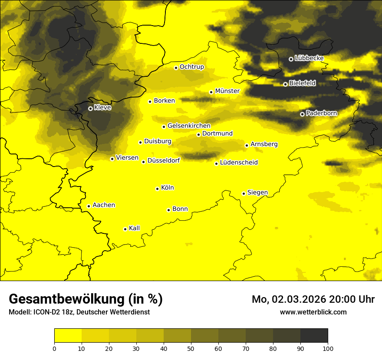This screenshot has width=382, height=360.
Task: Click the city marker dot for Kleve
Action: [90, 108]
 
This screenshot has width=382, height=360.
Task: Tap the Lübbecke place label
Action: [309, 58]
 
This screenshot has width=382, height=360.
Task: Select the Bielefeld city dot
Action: [285, 84]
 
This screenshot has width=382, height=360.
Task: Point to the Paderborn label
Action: [321, 113]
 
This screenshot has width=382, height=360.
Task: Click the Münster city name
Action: [227, 91]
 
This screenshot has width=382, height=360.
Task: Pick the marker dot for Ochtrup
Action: [176, 68]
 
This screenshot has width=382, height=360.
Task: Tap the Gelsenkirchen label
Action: [189, 126]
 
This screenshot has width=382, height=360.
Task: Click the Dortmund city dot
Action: [198, 134]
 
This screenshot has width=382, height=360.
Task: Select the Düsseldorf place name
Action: [163, 160]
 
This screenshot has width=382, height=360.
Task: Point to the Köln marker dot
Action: [157, 189]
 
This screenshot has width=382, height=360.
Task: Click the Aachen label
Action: [104, 205]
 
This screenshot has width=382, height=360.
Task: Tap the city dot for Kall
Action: [125, 229]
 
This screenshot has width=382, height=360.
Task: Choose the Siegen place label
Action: [257, 193]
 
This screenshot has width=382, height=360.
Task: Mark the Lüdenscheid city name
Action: [239, 163]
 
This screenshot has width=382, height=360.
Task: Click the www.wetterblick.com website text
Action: [313, 312]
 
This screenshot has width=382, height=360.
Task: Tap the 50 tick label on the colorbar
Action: [191, 348]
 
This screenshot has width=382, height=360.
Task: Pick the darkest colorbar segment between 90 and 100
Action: [314, 336]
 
